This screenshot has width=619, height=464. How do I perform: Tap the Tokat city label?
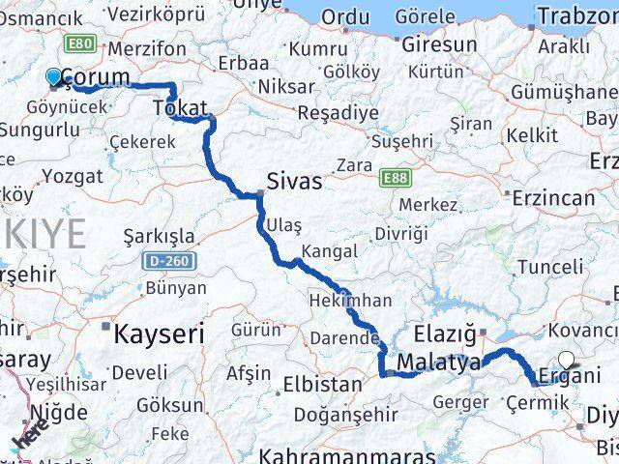[181, 109]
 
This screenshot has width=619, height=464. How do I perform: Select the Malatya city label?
[440, 362]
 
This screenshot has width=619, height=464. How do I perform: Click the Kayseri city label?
[160, 334]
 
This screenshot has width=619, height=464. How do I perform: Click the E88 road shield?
[394, 179]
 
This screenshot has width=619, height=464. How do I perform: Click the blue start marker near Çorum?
[53, 76]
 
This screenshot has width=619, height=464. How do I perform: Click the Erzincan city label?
[554, 197]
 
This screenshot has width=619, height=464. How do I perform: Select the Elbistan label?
[316, 384]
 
